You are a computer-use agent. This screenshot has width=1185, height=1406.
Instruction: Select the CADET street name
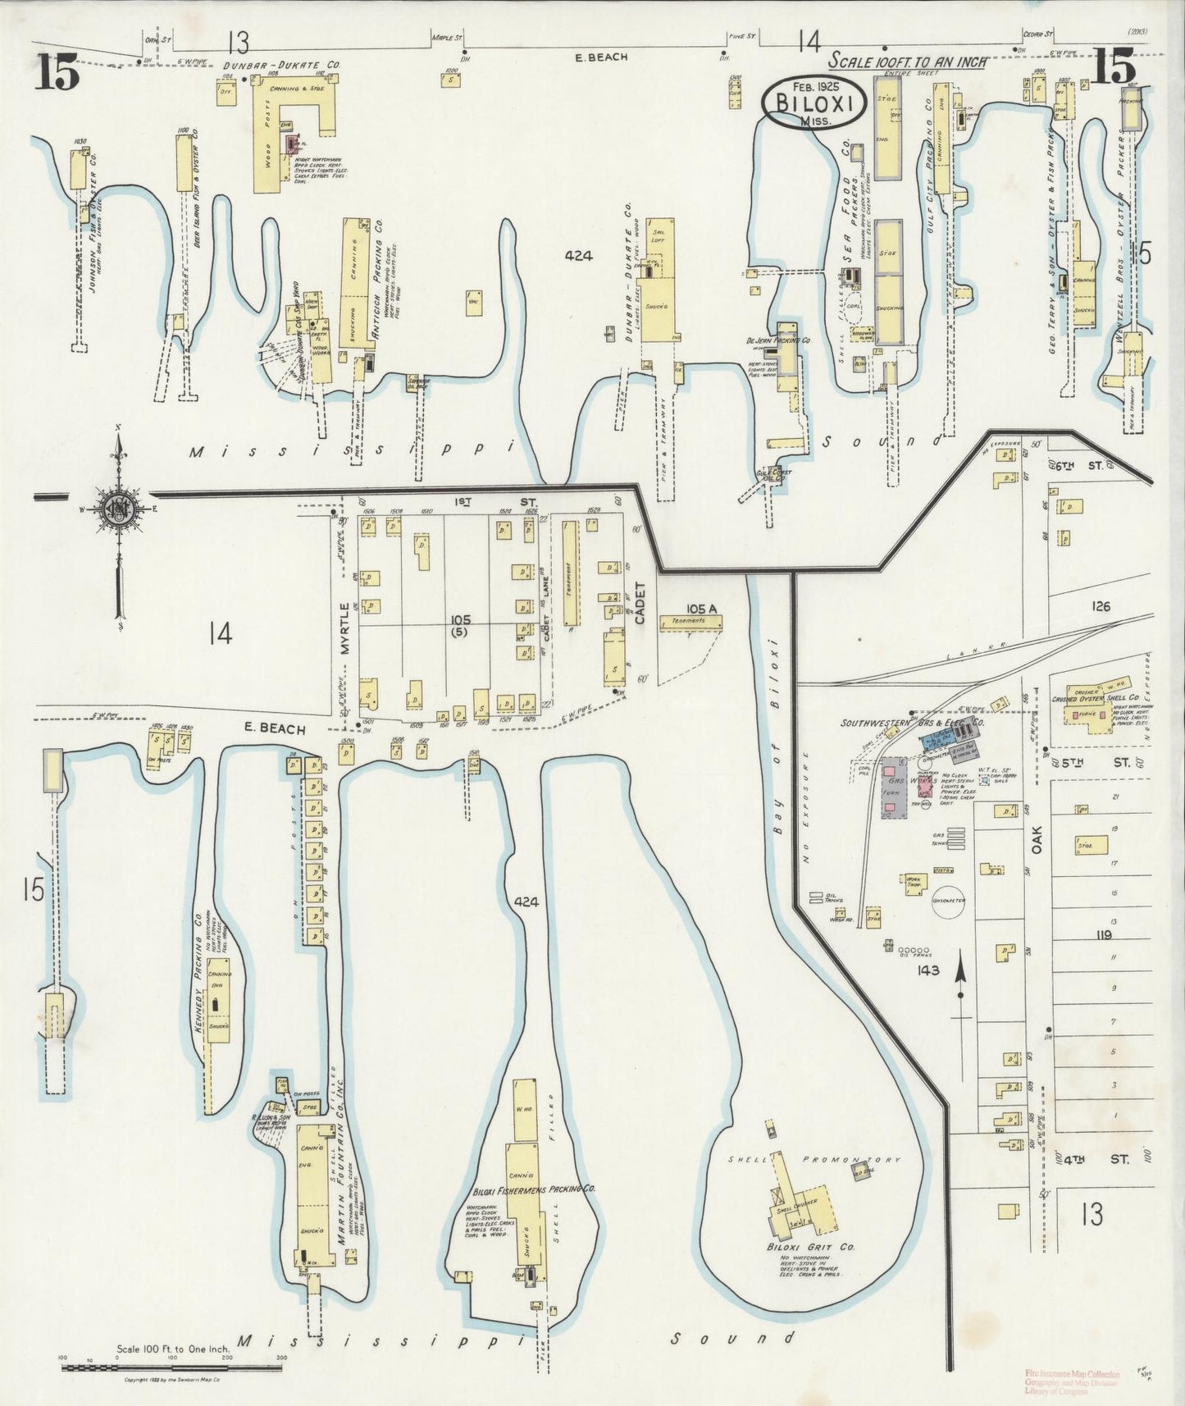click(x=640, y=603)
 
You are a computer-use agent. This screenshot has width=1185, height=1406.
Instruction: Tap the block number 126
click(x=1101, y=606)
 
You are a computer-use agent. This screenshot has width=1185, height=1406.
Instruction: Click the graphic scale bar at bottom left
click(x=172, y=1368)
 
